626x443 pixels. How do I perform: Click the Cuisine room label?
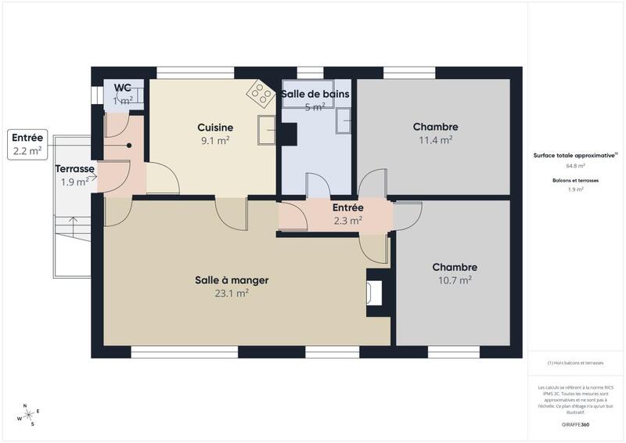[215, 128]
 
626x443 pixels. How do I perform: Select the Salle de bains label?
[315, 94]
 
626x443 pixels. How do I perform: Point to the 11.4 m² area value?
[435, 141]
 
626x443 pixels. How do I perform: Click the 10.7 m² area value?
[454, 280]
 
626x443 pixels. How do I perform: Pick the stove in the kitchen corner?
[258, 93]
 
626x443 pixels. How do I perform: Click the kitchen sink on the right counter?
[267, 129]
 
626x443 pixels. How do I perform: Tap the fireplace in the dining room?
[374, 292]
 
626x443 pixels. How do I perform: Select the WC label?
[123, 88]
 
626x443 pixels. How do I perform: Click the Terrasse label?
[75, 168]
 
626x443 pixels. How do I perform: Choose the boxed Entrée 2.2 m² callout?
[27, 145]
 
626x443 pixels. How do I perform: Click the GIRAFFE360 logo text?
[575, 424]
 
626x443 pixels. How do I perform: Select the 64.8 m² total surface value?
[575, 166]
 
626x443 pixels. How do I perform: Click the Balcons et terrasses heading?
[575, 180]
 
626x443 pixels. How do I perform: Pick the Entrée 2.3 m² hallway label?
[347, 214]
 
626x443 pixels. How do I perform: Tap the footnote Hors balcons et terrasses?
[575, 363]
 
